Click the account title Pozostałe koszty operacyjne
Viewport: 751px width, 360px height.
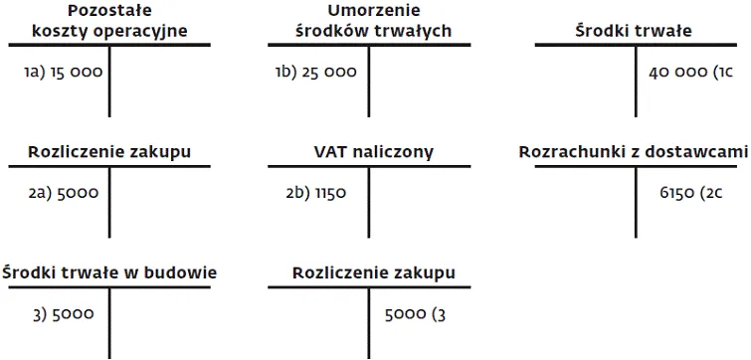(x=109, y=21)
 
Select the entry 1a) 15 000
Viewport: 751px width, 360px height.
(x=64, y=73)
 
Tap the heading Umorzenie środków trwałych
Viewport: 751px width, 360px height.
(x=374, y=21)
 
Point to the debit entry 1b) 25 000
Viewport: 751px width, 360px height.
(x=319, y=73)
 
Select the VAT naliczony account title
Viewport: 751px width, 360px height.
(x=374, y=152)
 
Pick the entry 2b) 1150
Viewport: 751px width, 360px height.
(x=315, y=193)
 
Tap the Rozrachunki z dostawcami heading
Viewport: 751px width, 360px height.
(x=634, y=152)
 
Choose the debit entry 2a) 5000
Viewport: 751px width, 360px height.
(x=64, y=193)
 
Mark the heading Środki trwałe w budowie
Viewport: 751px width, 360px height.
(x=109, y=272)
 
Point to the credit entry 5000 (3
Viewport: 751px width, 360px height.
(x=416, y=314)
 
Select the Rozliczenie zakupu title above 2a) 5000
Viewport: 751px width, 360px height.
(x=109, y=152)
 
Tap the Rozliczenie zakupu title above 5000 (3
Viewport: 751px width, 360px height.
(x=374, y=272)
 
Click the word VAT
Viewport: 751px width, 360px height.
(x=330, y=152)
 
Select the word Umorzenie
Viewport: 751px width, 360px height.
(x=374, y=10)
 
